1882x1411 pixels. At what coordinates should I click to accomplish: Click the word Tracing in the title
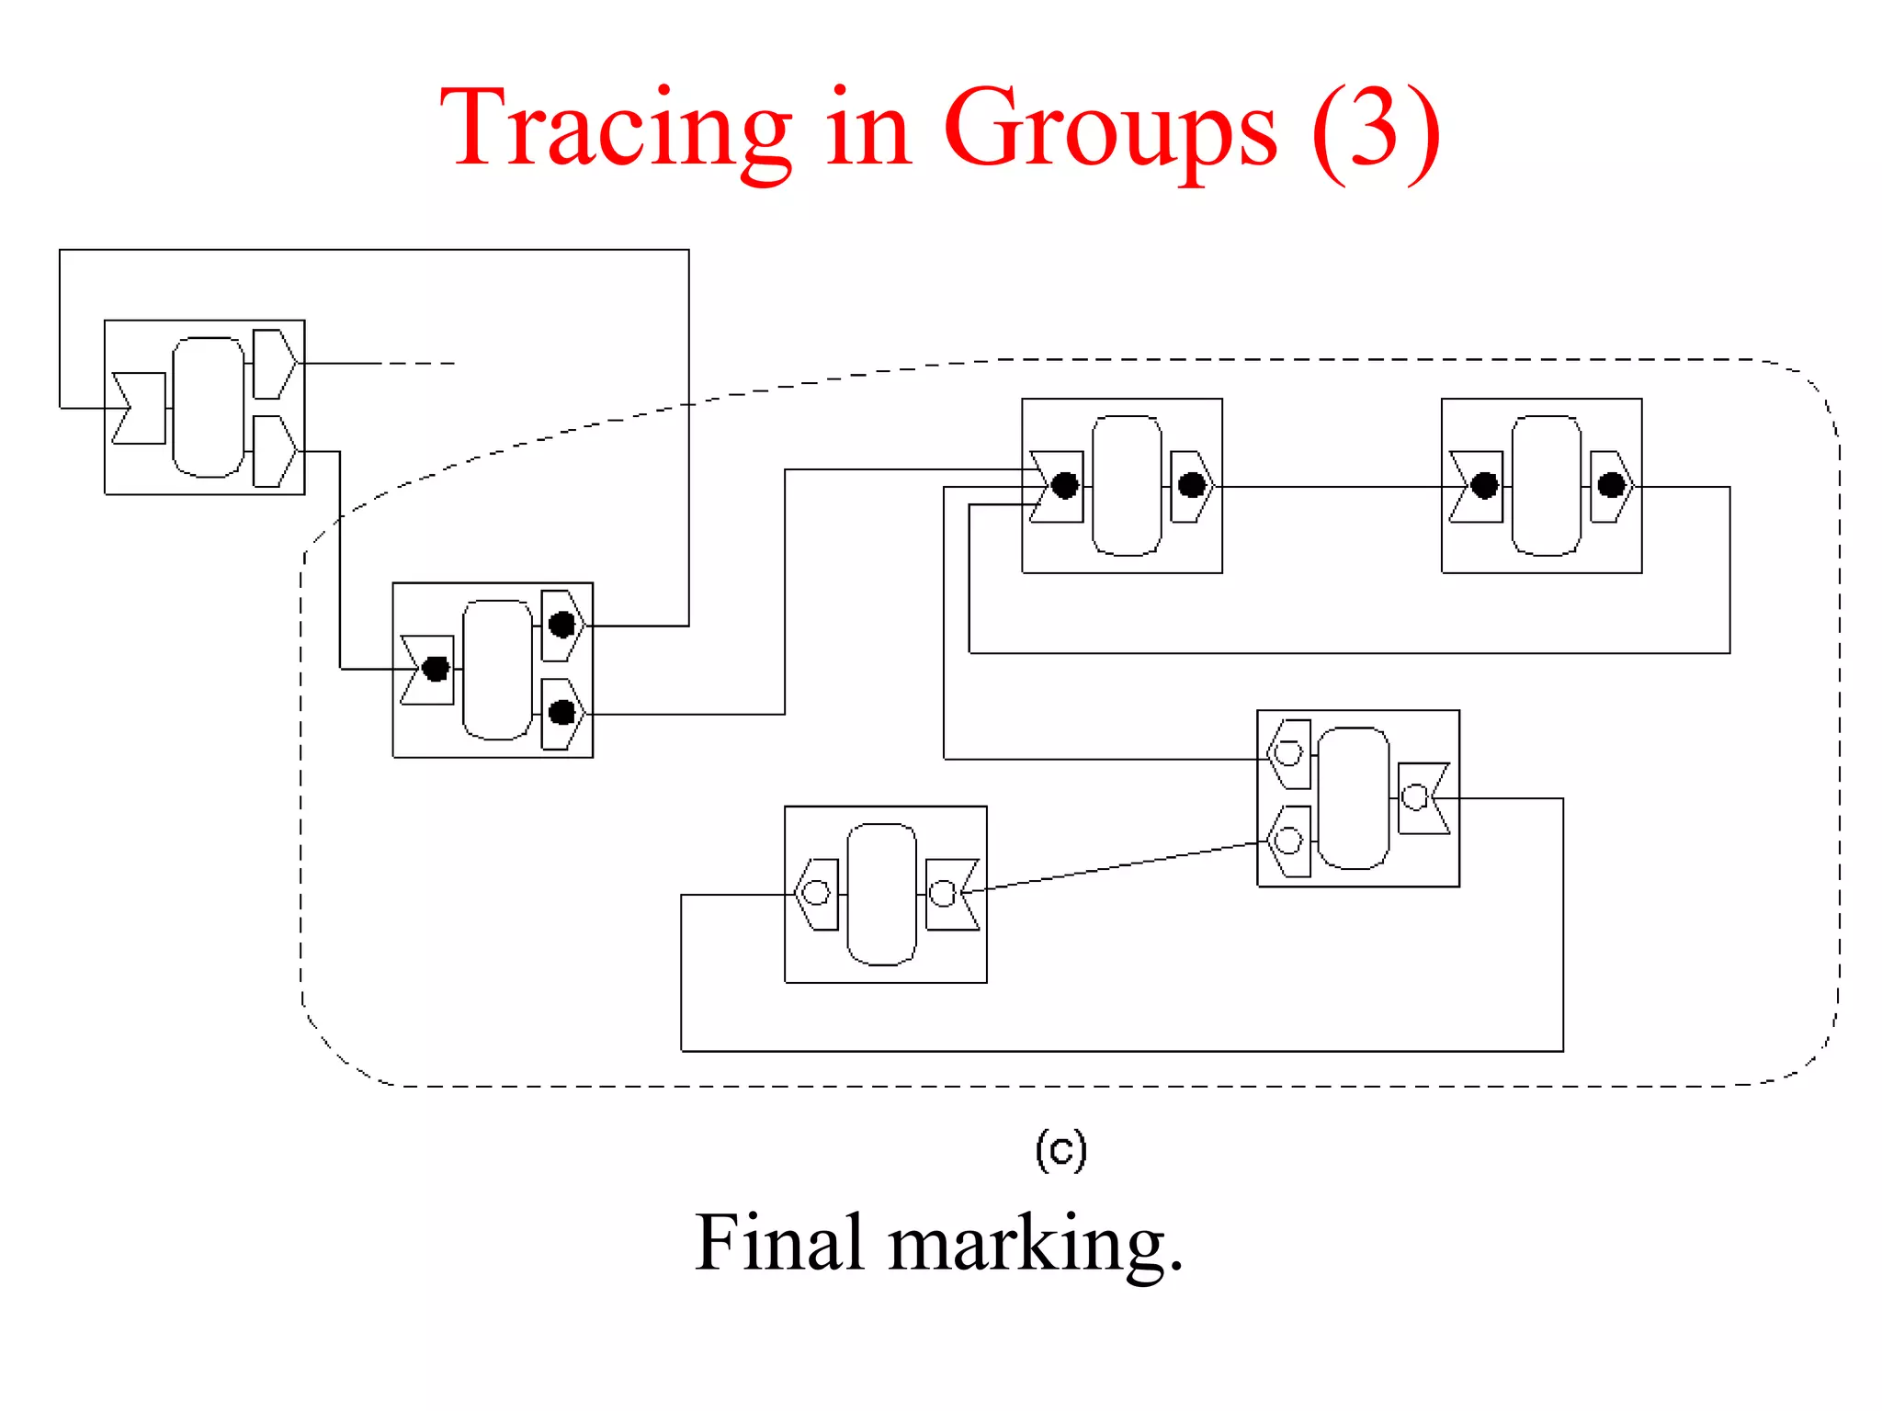614,129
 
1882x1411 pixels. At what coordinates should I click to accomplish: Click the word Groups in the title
1109,129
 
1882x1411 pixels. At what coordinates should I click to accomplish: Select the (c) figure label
1061,1150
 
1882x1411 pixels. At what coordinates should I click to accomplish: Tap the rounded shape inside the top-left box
209,407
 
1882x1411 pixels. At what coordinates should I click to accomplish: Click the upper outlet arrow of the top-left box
274,364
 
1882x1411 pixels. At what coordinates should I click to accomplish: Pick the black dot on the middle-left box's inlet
436,669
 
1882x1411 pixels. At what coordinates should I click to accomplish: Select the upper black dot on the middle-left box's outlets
561,626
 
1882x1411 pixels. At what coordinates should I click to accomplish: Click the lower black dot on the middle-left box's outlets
561,713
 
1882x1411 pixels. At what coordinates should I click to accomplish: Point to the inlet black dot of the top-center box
1064,486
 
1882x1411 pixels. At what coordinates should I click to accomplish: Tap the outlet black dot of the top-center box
1192,485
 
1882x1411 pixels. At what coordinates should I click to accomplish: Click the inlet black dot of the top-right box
1484,486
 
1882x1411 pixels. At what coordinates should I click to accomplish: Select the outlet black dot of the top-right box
1611,485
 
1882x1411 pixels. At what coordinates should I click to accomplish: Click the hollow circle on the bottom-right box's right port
1415,796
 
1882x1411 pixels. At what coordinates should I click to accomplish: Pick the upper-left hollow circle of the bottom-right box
1288,753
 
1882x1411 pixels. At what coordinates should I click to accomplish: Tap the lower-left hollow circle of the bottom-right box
1288,841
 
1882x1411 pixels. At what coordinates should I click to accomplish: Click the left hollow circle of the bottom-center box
816,892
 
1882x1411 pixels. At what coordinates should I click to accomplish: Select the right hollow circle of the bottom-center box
942,893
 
